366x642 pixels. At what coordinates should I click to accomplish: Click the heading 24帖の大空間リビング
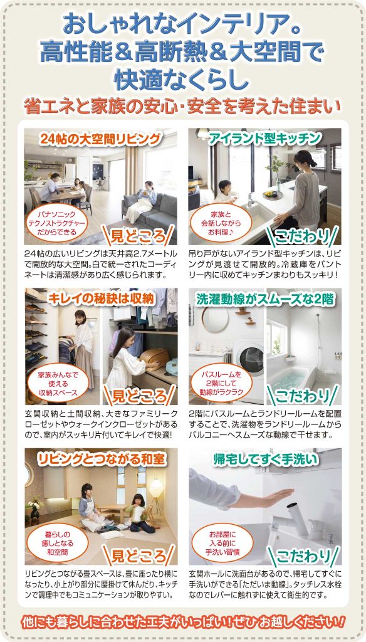[x=100, y=139]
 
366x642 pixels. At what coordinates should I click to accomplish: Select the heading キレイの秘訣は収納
[x=101, y=299]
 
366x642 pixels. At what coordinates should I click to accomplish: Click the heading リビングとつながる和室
[x=101, y=460]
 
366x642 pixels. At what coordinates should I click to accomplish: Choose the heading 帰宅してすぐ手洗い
[x=265, y=460]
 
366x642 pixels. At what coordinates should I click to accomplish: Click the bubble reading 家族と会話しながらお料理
[x=221, y=224]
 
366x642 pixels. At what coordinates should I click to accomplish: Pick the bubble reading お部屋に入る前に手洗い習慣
[x=221, y=544]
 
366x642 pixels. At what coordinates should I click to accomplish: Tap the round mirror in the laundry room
[x=215, y=318]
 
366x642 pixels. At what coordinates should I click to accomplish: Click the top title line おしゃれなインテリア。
[x=182, y=25]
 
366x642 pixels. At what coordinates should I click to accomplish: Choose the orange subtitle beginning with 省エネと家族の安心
[x=182, y=105]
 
